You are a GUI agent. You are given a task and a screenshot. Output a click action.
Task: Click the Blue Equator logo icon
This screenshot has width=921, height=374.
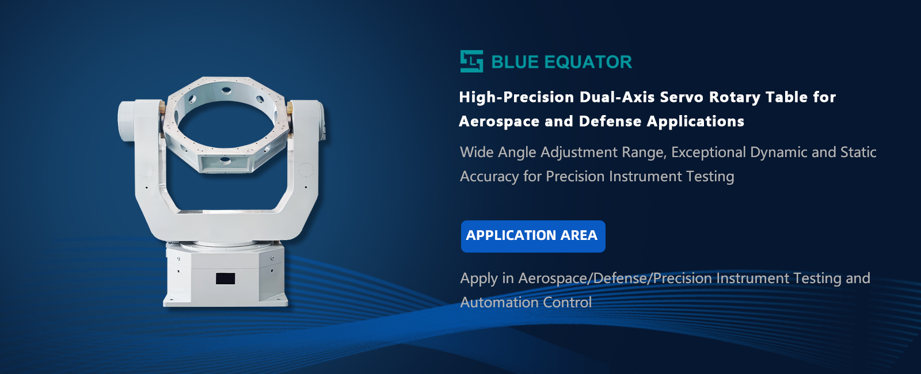pyautogui.click(x=471, y=61)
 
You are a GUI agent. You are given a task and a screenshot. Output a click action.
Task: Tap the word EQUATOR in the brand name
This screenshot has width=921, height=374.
pyautogui.click(x=588, y=62)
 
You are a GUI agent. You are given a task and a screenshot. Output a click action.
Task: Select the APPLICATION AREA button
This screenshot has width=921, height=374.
pyautogui.click(x=533, y=236)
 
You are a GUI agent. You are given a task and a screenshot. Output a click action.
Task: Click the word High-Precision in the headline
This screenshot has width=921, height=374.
pyautogui.click(x=516, y=97)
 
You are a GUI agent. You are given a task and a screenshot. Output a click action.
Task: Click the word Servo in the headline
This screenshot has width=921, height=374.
pyautogui.click(x=682, y=97)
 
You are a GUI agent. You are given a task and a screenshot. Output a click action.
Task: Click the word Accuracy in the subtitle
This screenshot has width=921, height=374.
pyautogui.click(x=489, y=177)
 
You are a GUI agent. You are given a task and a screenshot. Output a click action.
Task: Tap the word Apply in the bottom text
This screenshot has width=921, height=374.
pyautogui.click(x=478, y=278)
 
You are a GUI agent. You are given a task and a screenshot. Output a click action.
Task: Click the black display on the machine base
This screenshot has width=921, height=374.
pyautogui.click(x=225, y=278)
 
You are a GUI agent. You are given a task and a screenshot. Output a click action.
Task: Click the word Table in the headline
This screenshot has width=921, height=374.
pyautogui.click(x=786, y=97)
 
